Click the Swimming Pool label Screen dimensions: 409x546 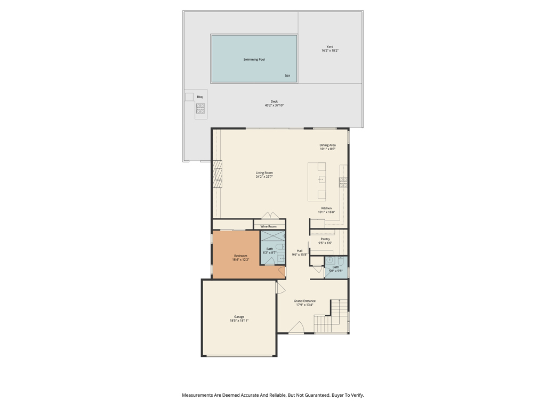pos(254,60)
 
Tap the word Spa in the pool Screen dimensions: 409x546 pos(287,76)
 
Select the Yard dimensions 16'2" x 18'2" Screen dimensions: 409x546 pos(330,51)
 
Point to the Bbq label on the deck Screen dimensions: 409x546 pos(199,97)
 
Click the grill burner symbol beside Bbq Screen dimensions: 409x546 pos(200,109)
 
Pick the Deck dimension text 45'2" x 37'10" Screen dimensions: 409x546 pos(274,105)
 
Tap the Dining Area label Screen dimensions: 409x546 pos(327,145)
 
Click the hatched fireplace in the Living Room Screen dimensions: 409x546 pos(217,174)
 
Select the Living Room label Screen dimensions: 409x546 pos(264,173)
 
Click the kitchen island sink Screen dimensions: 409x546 pos(322,179)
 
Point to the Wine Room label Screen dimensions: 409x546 pos(269,227)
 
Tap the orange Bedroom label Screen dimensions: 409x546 pos(240,256)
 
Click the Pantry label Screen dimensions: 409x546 pos(325,239)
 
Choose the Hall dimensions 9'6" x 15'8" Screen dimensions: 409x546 pos(300,255)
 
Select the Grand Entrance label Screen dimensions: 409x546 pos(304,301)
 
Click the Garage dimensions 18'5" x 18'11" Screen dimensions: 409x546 pos(239,321)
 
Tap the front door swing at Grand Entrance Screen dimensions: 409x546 pos(296,328)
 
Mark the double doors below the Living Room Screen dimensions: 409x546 pos(270,216)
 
